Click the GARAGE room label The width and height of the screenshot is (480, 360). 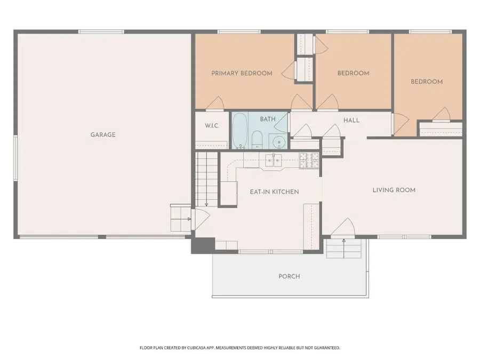tap(103, 135)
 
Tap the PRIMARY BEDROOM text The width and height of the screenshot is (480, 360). tap(242, 74)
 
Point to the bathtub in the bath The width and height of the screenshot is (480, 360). tap(239, 131)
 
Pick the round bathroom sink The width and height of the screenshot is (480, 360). tap(277, 142)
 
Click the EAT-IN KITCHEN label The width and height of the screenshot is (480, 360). tap(275, 191)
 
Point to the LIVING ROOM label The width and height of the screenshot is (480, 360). tap(394, 190)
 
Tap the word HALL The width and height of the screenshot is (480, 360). tap(351, 121)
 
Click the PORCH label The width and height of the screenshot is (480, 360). tap(289, 276)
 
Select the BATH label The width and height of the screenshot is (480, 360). tap(268, 119)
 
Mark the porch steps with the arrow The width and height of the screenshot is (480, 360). tap(344, 248)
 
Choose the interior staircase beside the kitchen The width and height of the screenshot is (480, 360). tap(206, 176)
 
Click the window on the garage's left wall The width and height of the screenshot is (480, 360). tap(15, 155)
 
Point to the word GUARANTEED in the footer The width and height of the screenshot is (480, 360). tap(325, 348)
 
